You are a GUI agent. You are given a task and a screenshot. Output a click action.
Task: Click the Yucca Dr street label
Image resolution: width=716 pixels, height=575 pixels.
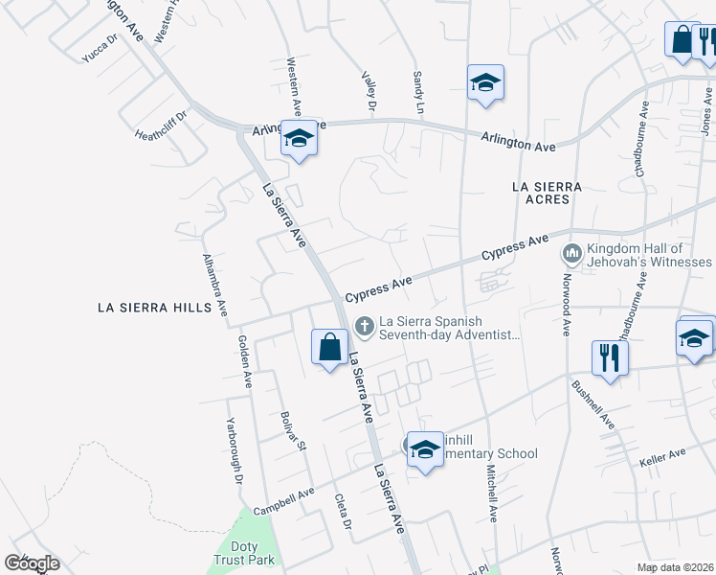point(99,48)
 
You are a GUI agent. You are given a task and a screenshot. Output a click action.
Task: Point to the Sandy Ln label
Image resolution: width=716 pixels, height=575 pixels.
point(417,91)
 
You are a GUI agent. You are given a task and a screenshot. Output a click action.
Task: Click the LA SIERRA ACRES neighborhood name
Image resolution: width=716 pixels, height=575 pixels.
point(542,191)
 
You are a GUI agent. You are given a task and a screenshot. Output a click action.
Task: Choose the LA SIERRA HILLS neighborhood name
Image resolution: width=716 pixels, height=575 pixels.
point(154,308)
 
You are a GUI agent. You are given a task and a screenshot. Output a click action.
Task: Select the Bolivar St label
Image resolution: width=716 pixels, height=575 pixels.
point(292,430)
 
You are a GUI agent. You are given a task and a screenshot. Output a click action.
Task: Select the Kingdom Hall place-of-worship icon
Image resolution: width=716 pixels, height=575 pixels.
point(573,254)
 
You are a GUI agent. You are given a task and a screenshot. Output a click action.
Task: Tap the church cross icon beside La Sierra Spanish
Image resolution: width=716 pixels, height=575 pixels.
point(364,327)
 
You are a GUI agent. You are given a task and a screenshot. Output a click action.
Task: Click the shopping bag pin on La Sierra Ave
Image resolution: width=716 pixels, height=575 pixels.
point(329,347)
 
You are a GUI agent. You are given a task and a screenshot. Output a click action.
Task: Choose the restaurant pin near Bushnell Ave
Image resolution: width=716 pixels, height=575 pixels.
point(608,358)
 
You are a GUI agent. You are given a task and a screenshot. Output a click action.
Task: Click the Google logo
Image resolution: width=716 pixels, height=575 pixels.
point(32,563)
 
